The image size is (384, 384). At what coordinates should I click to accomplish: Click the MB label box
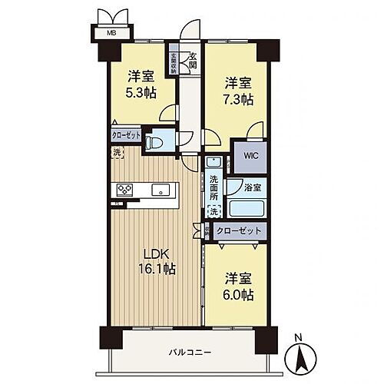coord(111,32)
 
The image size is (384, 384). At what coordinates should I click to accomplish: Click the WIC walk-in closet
coord(251,154)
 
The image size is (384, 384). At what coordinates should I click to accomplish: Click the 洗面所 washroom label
coord(214,188)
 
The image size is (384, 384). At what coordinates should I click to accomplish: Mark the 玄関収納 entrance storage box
coord(174,60)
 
